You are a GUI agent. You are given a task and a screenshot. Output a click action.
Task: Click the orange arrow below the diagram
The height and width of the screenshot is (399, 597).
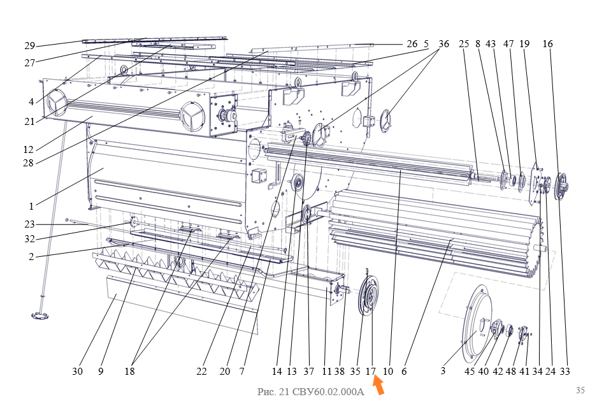point(378,384)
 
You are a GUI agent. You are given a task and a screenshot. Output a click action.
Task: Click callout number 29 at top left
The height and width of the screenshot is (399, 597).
point(30,46)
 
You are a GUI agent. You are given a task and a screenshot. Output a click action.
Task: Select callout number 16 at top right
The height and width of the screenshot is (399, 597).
point(547,44)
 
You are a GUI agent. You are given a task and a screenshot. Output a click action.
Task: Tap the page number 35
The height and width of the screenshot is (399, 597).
point(580,390)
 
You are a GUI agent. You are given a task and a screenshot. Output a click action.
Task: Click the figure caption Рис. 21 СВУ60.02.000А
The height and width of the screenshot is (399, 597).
point(311,392)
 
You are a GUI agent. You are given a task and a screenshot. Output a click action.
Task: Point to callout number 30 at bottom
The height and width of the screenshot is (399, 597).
point(77,371)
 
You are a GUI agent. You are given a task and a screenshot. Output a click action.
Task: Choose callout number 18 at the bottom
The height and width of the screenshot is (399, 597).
point(129,371)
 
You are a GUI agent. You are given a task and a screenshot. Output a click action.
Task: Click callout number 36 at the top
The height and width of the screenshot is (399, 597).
point(443,44)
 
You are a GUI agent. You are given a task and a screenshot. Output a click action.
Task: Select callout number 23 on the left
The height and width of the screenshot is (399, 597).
point(30,224)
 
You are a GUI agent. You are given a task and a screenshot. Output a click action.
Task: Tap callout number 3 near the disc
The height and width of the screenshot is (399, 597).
point(443,370)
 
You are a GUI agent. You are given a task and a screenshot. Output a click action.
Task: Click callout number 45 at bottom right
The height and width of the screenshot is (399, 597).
point(470,371)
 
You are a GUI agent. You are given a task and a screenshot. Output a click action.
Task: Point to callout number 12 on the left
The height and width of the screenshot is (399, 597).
point(29,149)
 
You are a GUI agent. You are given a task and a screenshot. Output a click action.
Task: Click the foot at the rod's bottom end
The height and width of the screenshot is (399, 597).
point(40,316)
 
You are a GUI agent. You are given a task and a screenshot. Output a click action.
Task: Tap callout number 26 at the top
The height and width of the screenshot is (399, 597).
point(412,44)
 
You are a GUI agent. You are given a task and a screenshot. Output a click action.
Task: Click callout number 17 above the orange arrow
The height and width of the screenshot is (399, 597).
point(370,371)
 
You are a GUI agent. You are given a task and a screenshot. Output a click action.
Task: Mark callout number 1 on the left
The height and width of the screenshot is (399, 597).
point(31,207)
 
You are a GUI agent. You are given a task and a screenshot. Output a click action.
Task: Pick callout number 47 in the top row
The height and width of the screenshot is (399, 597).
point(508,44)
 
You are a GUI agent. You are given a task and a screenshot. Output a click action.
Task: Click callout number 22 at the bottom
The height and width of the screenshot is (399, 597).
point(201,371)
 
